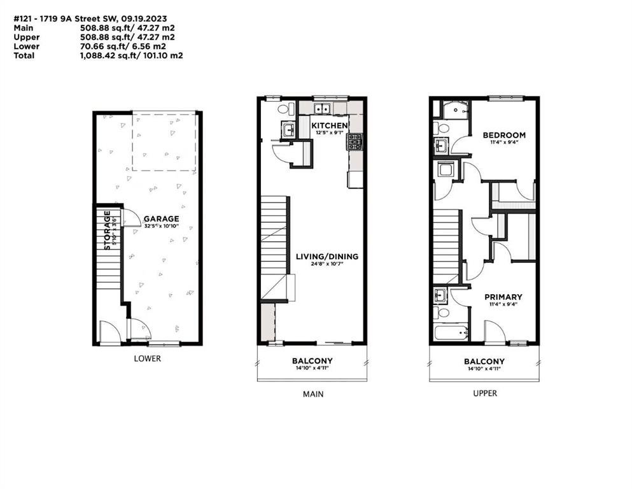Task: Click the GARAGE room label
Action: click(x=161, y=219)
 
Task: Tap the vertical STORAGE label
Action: click(x=108, y=230)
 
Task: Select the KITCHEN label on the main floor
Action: click(x=329, y=125)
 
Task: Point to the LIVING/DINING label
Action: click(x=327, y=257)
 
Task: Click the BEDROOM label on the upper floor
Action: click(x=504, y=135)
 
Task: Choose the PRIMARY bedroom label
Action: click(x=503, y=297)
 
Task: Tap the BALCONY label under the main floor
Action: click(x=312, y=361)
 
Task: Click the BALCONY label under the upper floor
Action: click(x=484, y=361)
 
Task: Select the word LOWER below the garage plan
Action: click(x=148, y=358)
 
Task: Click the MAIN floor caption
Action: click(x=313, y=394)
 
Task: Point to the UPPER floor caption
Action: click(x=485, y=393)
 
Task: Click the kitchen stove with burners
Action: click(x=355, y=142)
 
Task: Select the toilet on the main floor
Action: click(x=283, y=109)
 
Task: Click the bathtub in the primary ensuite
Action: click(x=451, y=332)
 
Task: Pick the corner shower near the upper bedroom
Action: click(x=456, y=110)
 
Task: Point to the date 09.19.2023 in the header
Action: click(x=146, y=18)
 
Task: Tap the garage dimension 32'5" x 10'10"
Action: click(x=161, y=226)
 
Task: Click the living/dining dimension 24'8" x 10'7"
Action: click(x=327, y=264)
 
